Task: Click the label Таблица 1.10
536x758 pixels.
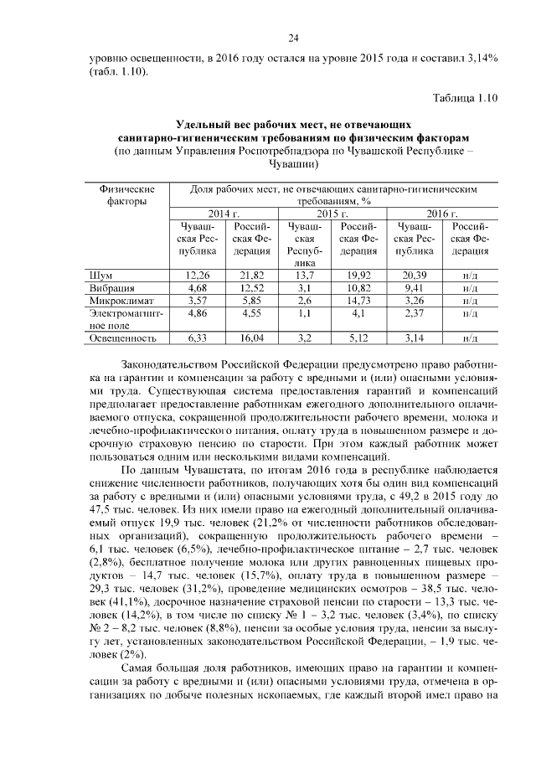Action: coord(464,98)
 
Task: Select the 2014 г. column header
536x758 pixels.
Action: coord(224,214)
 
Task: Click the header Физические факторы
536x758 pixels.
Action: coord(127,194)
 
